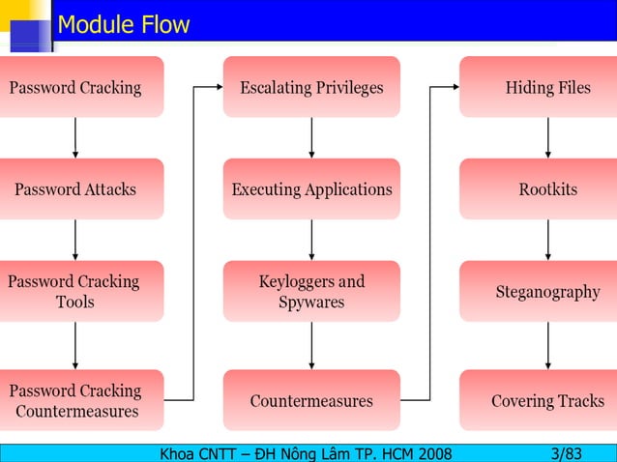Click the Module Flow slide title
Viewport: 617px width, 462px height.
pyautogui.click(x=124, y=24)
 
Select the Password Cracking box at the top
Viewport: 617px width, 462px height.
pyautogui.click(x=77, y=87)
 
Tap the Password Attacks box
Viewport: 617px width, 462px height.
pyautogui.click(x=77, y=189)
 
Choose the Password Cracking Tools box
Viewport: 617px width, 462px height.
pyautogui.click(x=77, y=291)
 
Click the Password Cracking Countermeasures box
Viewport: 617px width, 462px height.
pyautogui.click(x=77, y=400)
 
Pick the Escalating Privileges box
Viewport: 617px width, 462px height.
pyautogui.click(x=311, y=87)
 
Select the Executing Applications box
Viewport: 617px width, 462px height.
pyautogui.click(x=311, y=189)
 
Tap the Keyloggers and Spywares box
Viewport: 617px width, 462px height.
pyautogui.click(x=311, y=291)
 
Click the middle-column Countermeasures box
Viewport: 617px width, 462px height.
pyautogui.click(x=311, y=400)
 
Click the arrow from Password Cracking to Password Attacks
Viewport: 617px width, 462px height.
pyautogui.click(x=75, y=137)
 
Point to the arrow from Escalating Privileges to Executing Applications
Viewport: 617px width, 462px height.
pyautogui.click(x=311, y=137)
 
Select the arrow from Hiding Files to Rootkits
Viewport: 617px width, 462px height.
pyautogui.click(x=548, y=137)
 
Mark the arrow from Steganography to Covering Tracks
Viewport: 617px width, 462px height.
pyautogui.click(x=548, y=345)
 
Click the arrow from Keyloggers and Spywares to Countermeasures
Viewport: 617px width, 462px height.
pyautogui.click(x=311, y=345)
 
